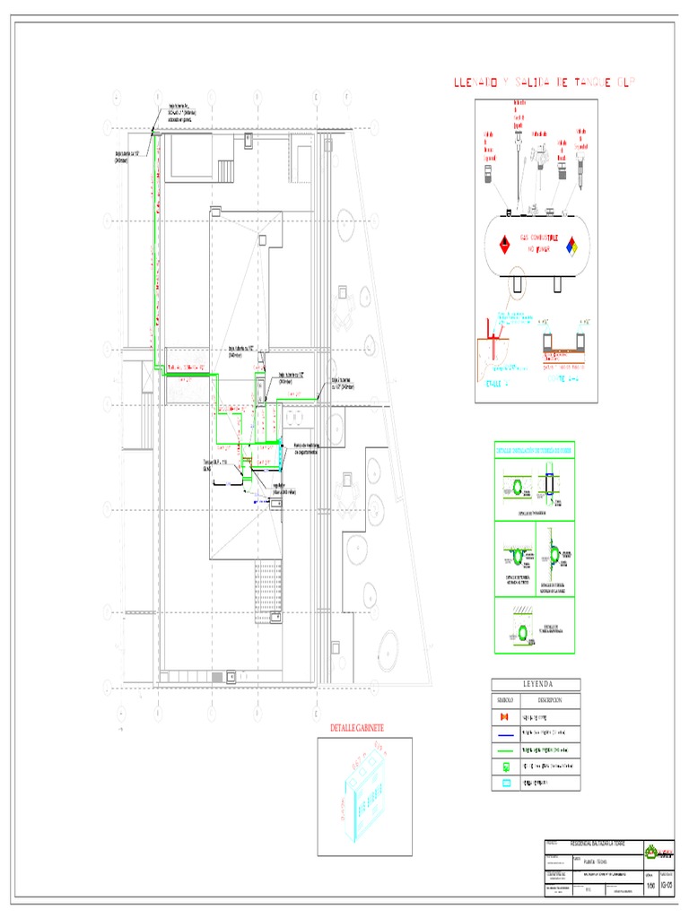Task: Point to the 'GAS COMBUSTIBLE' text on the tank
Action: [x=538, y=238]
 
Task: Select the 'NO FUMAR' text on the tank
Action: [x=538, y=249]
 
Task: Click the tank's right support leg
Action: [x=557, y=283]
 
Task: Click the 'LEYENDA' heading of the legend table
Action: [x=536, y=685]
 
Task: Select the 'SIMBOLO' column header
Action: [x=504, y=700]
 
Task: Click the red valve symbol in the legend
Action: [x=504, y=717]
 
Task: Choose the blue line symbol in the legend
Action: [x=504, y=734]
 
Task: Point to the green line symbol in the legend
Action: [x=504, y=750]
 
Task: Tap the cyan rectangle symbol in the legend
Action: [x=504, y=783]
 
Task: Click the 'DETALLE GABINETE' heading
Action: [x=357, y=727]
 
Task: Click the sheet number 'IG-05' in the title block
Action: [x=666, y=887]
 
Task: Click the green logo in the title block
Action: [x=665, y=853]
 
